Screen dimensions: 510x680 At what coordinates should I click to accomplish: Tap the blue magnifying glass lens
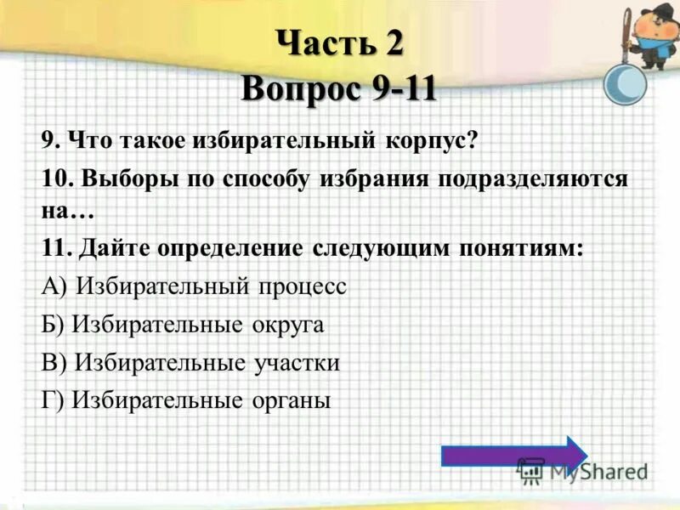click(x=625, y=86)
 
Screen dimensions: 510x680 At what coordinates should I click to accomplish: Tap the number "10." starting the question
click(x=56, y=179)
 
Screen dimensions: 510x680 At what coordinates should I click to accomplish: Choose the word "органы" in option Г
click(x=290, y=399)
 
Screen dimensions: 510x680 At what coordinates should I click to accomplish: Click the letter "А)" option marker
click(x=55, y=286)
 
